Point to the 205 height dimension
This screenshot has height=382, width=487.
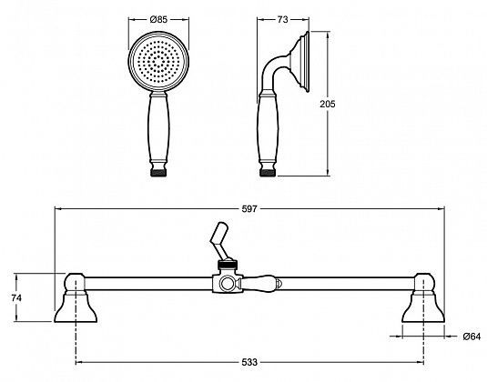pos(340,104)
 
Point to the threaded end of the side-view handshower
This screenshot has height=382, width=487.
pos(270,169)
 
